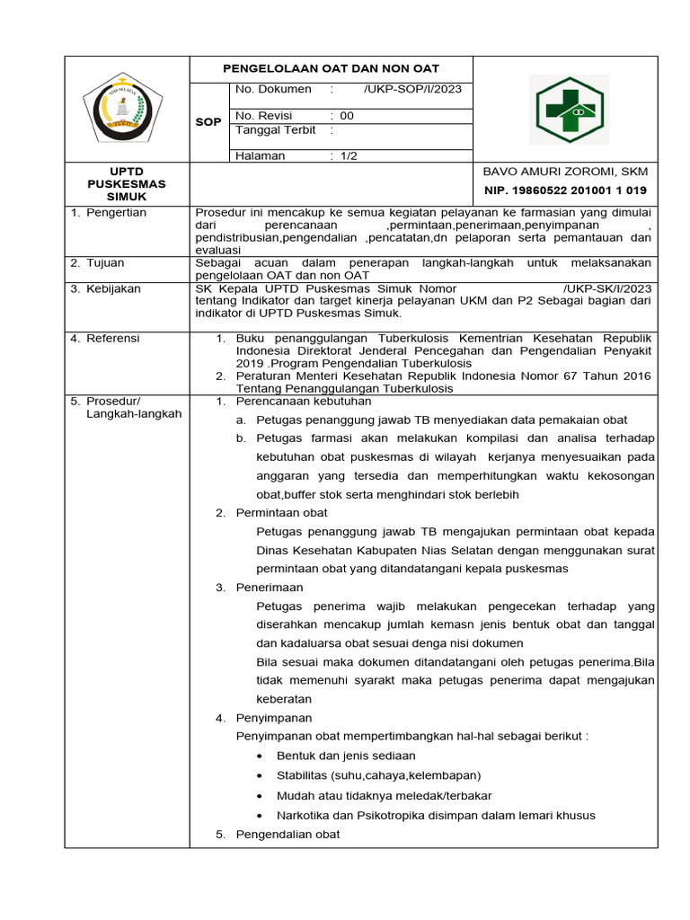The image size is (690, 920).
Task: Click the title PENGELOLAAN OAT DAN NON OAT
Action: pyautogui.click(x=331, y=68)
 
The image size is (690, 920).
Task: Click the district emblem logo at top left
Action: pyautogui.click(x=123, y=109)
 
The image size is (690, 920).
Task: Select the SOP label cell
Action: pyautogui.click(x=208, y=121)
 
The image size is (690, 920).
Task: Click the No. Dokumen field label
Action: pyautogui.click(x=273, y=89)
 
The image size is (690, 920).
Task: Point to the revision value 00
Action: pyautogui.click(x=347, y=116)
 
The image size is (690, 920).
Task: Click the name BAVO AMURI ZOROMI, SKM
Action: pyautogui.click(x=565, y=172)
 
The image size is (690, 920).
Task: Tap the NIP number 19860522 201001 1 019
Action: pyautogui.click(x=565, y=190)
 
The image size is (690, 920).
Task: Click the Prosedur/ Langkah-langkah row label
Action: pyautogui.click(x=126, y=407)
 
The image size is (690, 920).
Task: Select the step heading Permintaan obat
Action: pyautogui.click(x=281, y=512)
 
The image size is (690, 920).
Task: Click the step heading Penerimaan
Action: pyautogui.click(x=270, y=588)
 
